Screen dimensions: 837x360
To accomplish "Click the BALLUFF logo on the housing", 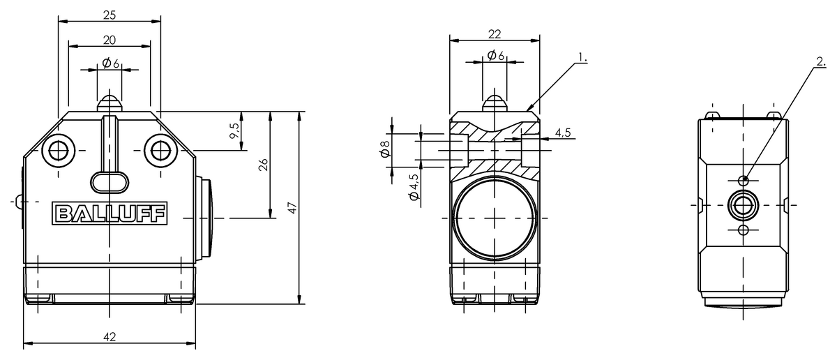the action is pos(110,213).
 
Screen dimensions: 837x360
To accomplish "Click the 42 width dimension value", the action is pos(110,337).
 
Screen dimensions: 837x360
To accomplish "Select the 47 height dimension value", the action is pos(293,208).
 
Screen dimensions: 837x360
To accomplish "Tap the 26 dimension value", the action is pos(264,165).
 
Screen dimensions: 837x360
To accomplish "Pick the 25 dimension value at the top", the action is pos(110,15).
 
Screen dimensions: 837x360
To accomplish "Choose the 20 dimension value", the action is pos(110,40).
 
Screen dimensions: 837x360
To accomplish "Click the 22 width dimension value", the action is pos(495,34).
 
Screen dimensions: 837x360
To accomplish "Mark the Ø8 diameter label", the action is pos(385,149).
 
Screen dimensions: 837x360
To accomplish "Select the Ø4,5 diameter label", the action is pos(414,187).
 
